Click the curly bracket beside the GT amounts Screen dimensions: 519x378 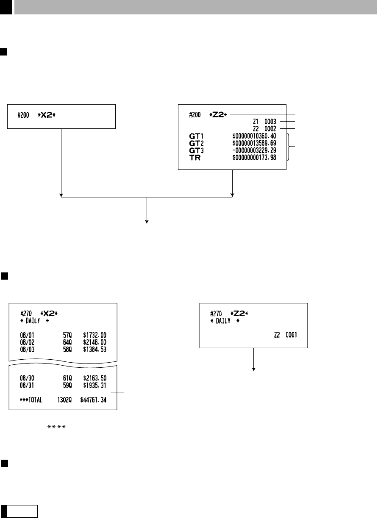[289, 146]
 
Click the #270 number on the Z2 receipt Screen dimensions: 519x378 [216, 314]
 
